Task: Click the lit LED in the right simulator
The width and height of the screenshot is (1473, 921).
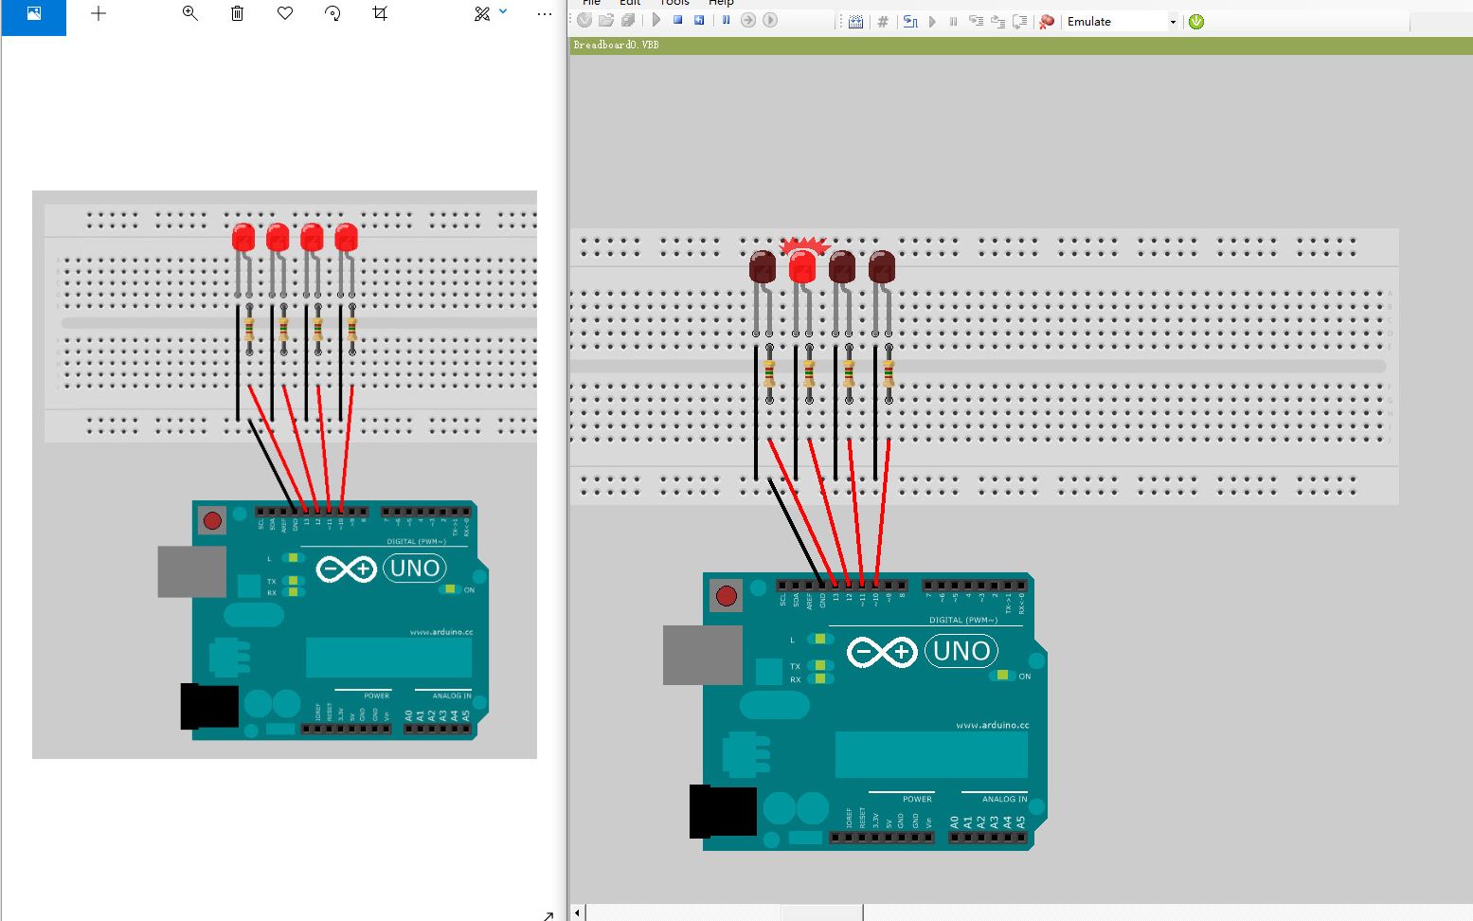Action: (802, 266)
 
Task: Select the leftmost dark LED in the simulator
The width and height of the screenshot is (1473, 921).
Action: (763, 266)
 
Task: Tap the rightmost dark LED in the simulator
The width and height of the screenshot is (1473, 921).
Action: (882, 266)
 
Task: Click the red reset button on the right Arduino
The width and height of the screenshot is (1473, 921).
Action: (727, 595)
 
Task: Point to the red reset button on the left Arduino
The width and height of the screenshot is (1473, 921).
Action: (212, 520)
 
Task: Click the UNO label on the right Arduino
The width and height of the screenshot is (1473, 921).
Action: (961, 651)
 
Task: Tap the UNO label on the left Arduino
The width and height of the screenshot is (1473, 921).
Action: (415, 569)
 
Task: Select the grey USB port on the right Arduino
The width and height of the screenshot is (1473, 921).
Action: (702, 655)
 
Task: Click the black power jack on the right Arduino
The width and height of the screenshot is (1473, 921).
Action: (722, 812)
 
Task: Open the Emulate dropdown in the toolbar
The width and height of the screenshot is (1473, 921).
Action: (1172, 22)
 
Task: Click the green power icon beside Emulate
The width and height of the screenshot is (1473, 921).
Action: (1196, 22)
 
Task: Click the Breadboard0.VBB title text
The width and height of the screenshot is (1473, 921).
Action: (616, 45)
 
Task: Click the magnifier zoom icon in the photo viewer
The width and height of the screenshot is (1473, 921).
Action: (190, 13)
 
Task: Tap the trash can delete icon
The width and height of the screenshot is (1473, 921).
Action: (238, 13)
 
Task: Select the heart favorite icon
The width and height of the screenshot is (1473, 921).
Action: (285, 13)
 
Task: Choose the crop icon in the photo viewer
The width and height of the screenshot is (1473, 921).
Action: (380, 13)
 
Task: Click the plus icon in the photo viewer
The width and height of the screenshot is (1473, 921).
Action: (99, 13)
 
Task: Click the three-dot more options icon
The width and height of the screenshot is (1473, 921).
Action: (544, 13)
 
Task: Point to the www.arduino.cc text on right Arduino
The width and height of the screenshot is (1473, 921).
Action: (992, 725)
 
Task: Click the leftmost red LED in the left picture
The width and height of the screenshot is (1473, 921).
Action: (243, 237)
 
